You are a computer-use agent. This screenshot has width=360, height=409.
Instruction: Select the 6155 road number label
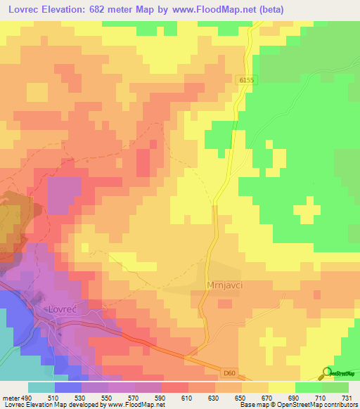[245, 81]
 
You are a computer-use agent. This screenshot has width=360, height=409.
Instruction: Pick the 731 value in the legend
[347, 397]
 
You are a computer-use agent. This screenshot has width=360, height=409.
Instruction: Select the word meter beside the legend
[12, 397]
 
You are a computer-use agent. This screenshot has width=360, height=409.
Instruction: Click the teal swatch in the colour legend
[41, 387]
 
